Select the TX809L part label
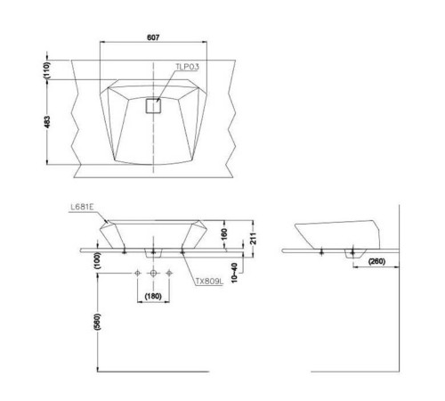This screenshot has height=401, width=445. [x=210, y=282]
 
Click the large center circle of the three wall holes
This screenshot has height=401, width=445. [x=154, y=272]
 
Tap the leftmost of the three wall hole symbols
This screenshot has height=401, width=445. [x=137, y=272]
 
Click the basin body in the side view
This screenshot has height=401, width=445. [x=334, y=233]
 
